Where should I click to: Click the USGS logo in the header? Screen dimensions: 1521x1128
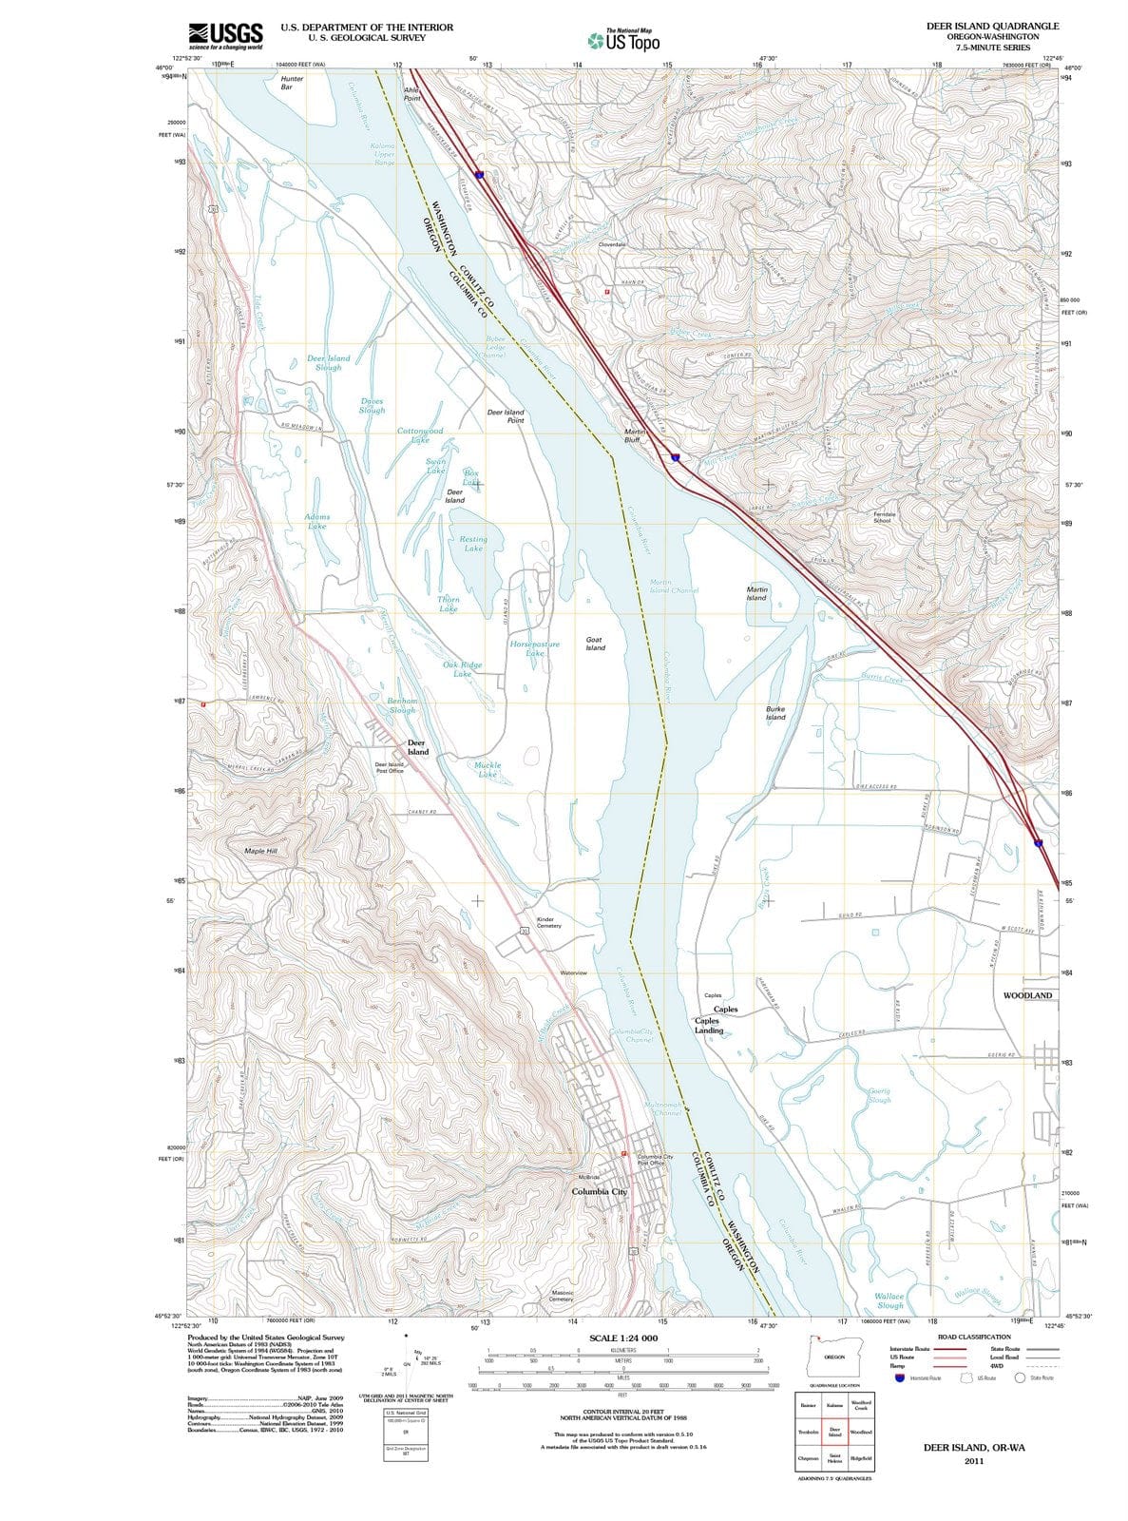[225, 36]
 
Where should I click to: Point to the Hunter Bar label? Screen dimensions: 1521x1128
[292, 83]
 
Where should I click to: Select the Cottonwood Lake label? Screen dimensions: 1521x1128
[420, 435]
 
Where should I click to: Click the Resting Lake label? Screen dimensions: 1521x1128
[473, 544]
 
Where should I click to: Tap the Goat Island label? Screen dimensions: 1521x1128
[595, 644]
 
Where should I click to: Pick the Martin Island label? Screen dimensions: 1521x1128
[756, 593]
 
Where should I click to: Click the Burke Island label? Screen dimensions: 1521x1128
[775, 713]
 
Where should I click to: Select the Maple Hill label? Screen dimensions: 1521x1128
[260, 851]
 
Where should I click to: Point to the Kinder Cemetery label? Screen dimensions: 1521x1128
[549, 923]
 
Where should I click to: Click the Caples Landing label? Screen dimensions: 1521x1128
[709, 1025]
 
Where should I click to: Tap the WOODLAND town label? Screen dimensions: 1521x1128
[1027, 995]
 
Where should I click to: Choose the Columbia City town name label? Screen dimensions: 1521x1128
[600, 1191]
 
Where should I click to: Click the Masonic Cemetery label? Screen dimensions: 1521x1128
[562, 1296]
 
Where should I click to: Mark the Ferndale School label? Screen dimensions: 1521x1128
[882, 517]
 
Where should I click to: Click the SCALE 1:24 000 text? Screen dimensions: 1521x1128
[623, 1338]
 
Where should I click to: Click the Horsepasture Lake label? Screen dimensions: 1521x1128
[535, 648]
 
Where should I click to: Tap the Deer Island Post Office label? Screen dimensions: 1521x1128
[390, 767]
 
